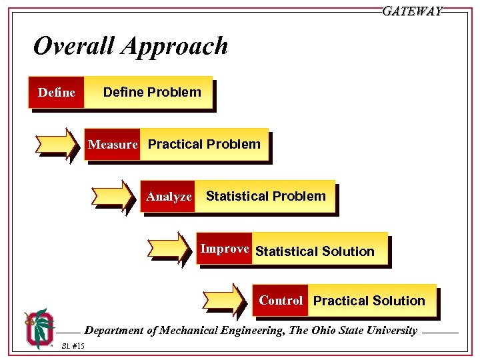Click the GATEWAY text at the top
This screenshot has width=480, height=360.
[412, 11]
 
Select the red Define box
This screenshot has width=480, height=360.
[57, 93]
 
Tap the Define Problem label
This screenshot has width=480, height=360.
[152, 93]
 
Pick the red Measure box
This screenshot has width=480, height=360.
[113, 145]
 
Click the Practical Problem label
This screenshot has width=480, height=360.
[204, 145]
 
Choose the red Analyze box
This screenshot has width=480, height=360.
[169, 197]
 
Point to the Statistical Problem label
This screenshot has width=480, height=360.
[265, 197]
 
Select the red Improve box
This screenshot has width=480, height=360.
[225, 249]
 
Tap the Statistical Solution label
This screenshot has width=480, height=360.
[315, 251]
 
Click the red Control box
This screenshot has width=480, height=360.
[281, 301]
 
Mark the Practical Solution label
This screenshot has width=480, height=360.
[369, 301]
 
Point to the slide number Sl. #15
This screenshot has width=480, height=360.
[73, 345]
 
